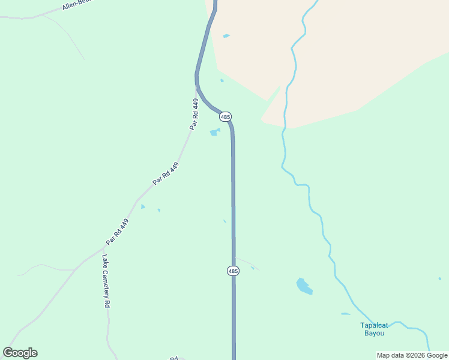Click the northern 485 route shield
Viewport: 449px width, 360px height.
[x=225, y=116]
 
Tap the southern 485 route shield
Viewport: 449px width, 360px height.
[x=234, y=271]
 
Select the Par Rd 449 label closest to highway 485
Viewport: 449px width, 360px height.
[x=194, y=114]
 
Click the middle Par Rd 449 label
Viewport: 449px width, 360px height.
[x=166, y=173]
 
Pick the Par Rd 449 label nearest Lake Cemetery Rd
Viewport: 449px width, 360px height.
[x=118, y=232]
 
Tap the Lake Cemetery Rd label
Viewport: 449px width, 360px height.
[x=106, y=281]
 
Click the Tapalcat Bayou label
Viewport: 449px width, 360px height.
[x=374, y=329]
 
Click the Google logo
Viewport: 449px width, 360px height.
[x=20, y=353]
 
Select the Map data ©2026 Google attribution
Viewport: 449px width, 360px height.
[x=412, y=355]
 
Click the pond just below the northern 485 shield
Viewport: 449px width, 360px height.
[x=214, y=132]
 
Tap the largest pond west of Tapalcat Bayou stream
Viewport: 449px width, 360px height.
[x=304, y=286]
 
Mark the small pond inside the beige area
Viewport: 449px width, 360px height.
[x=226, y=36]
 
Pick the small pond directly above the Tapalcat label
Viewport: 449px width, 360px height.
[x=345, y=314]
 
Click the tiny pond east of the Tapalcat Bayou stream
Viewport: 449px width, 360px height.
[x=440, y=278]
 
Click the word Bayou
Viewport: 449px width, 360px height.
[x=374, y=334]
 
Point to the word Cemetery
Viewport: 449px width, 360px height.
[x=106, y=283]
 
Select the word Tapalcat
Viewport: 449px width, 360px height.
[x=374, y=326]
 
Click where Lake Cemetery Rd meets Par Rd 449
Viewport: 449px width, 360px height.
[x=101, y=248]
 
